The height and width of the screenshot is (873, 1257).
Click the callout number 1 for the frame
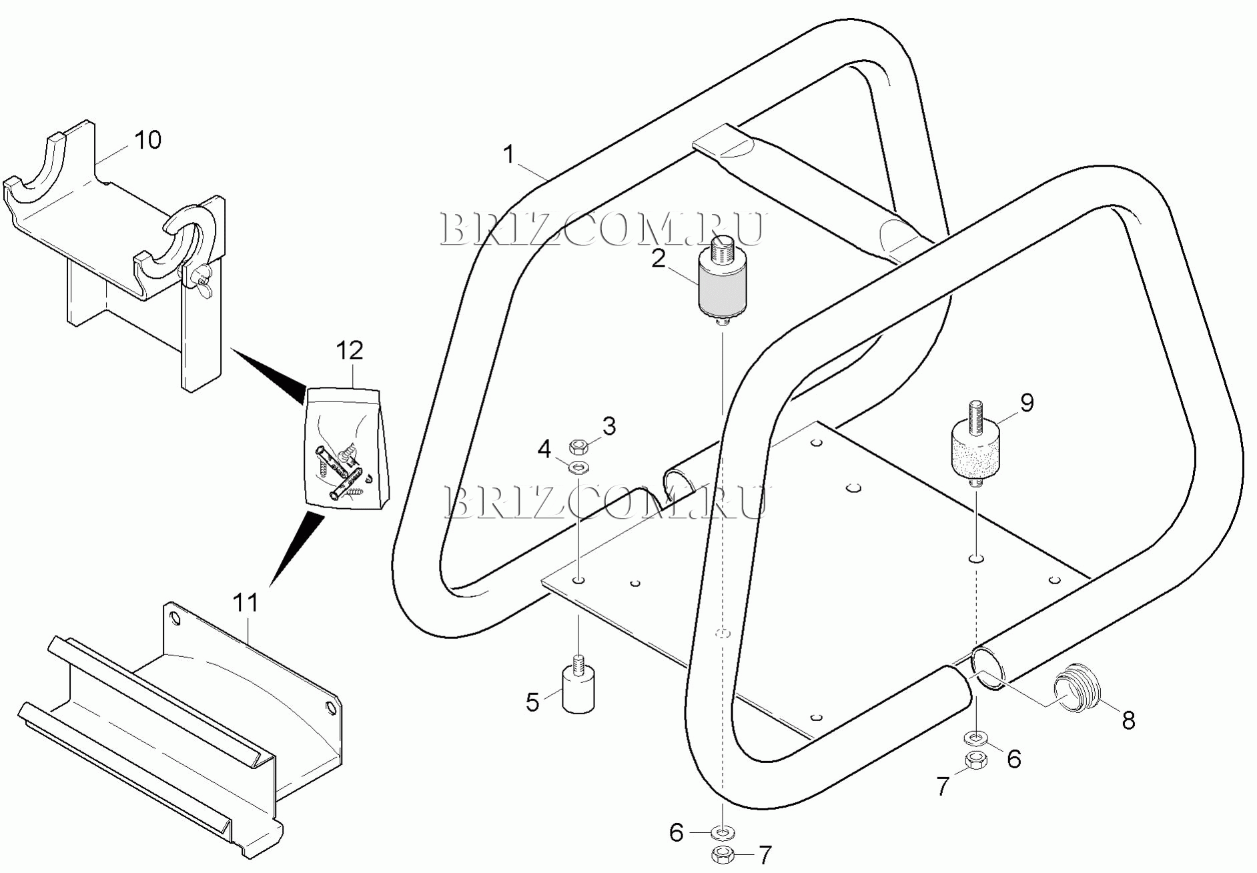coord(509,155)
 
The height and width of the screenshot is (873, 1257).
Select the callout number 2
coord(659,258)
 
